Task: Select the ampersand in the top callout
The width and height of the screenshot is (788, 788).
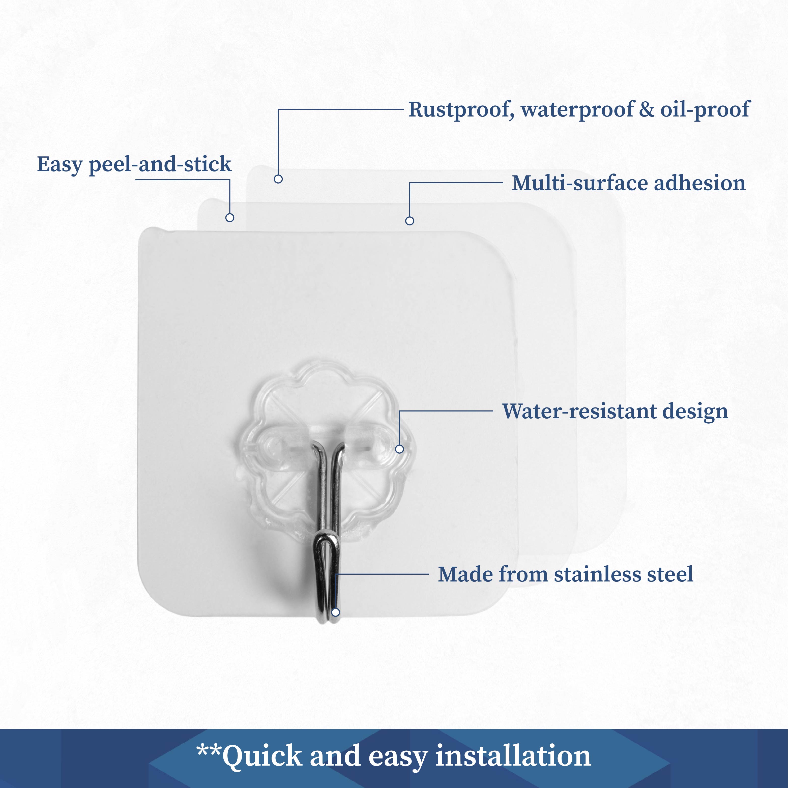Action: coord(647,109)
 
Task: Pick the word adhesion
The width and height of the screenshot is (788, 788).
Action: coord(700,183)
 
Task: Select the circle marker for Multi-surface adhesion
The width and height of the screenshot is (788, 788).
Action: coord(410,221)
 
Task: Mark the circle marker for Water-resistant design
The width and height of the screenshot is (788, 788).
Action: coord(400,449)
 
